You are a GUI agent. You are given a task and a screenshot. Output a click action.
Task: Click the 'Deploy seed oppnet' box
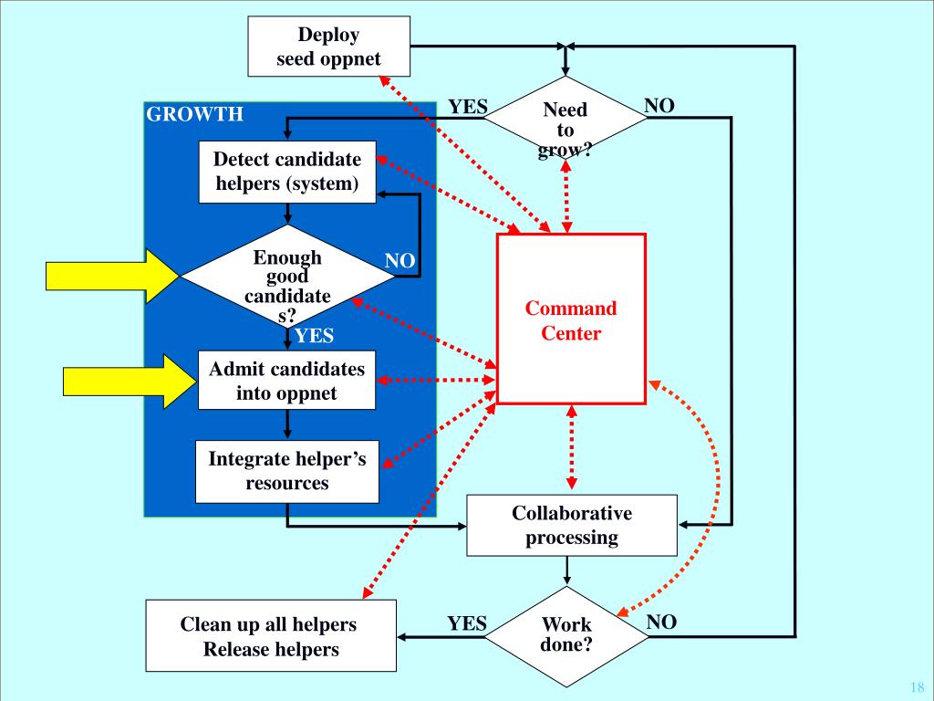328,47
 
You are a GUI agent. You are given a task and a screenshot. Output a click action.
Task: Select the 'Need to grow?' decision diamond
566,118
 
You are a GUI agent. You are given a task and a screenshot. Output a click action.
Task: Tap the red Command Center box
571,319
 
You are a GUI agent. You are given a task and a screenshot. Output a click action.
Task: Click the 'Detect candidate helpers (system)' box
287,172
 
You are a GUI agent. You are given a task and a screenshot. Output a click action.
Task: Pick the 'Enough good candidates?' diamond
287,276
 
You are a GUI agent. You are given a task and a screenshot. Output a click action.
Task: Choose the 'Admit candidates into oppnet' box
286,381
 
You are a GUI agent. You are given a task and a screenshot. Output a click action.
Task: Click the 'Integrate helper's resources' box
287,472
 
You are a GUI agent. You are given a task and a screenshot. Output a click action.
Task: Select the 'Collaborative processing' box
572,525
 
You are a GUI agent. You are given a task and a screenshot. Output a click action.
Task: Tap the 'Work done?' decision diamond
566,636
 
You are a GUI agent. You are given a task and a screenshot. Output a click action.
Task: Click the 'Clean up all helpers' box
271,636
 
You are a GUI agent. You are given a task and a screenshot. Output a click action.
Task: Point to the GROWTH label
195,114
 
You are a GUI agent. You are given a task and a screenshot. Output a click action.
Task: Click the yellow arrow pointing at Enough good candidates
112,277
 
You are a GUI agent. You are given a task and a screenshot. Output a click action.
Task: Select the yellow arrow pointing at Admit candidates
130,381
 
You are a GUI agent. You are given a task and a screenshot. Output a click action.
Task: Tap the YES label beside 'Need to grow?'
468,107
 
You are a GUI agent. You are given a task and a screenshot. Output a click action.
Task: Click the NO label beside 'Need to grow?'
659,106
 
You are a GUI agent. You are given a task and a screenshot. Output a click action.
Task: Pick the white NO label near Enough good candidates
400,260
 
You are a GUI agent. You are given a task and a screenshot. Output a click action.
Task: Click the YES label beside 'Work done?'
467,623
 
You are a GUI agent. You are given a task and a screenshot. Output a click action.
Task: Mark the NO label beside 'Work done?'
661,622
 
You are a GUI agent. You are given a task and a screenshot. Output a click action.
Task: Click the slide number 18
918,686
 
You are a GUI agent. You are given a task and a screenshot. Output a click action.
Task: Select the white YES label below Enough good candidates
314,336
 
